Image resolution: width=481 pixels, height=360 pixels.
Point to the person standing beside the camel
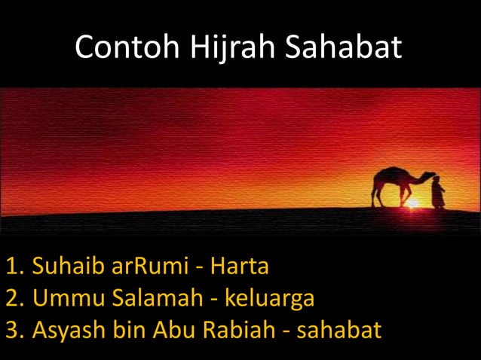438,192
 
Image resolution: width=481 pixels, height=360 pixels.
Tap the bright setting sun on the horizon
413,203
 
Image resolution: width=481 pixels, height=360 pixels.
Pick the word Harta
240,267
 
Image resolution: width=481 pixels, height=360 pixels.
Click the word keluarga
268,299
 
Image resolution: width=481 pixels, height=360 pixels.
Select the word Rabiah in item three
242,331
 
